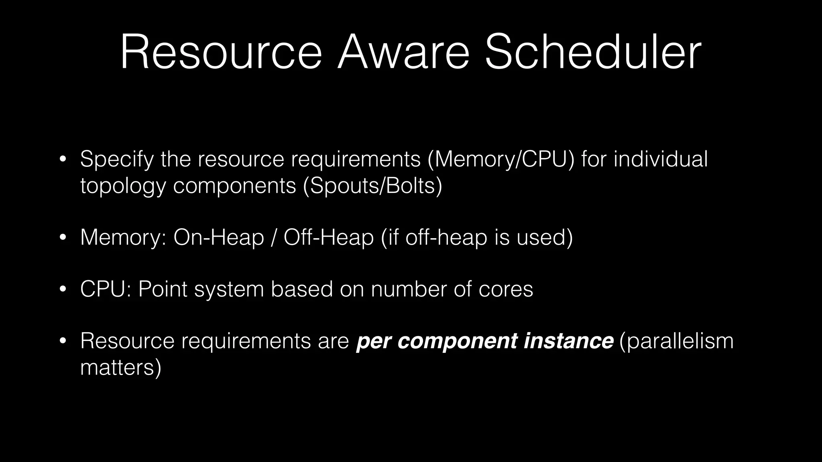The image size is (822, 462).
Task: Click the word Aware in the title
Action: [x=403, y=53]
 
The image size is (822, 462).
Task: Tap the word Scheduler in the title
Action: [x=593, y=53]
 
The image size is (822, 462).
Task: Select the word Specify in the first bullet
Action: [x=116, y=159]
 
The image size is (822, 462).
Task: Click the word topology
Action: [x=123, y=186]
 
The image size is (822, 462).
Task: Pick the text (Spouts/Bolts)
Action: [x=372, y=186]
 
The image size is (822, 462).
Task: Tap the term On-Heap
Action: [x=218, y=237]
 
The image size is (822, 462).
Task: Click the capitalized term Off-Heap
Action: [x=328, y=237]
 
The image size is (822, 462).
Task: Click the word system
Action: [x=229, y=290]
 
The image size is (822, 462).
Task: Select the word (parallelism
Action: [x=676, y=341]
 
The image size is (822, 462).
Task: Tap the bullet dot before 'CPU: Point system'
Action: [x=63, y=290]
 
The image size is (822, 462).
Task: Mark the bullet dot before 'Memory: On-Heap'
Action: [x=63, y=238]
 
